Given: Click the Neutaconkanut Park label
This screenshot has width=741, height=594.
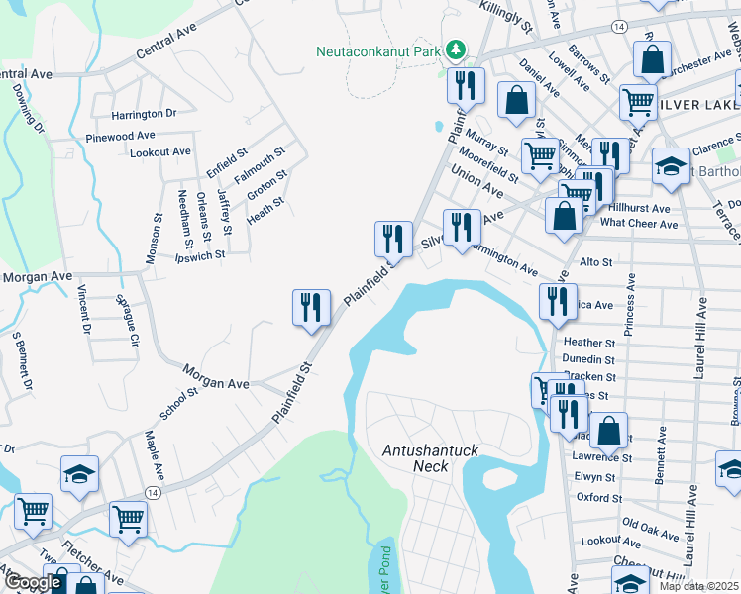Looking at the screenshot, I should pyautogui.click(x=377, y=50).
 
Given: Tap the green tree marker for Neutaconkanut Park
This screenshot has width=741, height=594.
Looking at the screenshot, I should pyautogui.click(x=455, y=49).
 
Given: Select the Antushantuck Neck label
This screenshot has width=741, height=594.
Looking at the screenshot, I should pyautogui.click(x=430, y=457).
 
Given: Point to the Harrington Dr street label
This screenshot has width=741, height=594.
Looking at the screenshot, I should pyautogui.click(x=143, y=114).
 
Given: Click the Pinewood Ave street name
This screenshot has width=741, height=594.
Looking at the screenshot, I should pyautogui.click(x=120, y=136).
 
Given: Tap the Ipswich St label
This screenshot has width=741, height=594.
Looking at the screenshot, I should pyautogui.click(x=200, y=254).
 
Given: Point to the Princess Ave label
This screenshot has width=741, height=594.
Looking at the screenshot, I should pyautogui.click(x=629, y=328).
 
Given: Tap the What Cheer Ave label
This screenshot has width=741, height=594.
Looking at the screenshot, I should pyautogui.click(x=639, y=224).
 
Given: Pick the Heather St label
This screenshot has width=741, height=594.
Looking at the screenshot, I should pyautogui.click(x=594, y=343).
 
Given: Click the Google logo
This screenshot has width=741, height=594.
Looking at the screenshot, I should pyautogui.click(x=33, y=582).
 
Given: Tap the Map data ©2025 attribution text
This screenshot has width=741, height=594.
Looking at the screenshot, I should pyautogui.click(x=698, y=586).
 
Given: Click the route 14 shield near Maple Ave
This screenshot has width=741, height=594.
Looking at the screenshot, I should pyautogui.click(x=153, y=492).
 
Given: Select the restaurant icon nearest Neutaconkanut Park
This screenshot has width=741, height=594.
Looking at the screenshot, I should pyautogui.click(x=465, y=86).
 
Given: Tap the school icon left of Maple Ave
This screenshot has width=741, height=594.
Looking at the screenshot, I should pyautogui.click(x=79, y=473).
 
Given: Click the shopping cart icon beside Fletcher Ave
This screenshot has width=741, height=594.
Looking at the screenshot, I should pyautogui.click(x=129, y=519).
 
